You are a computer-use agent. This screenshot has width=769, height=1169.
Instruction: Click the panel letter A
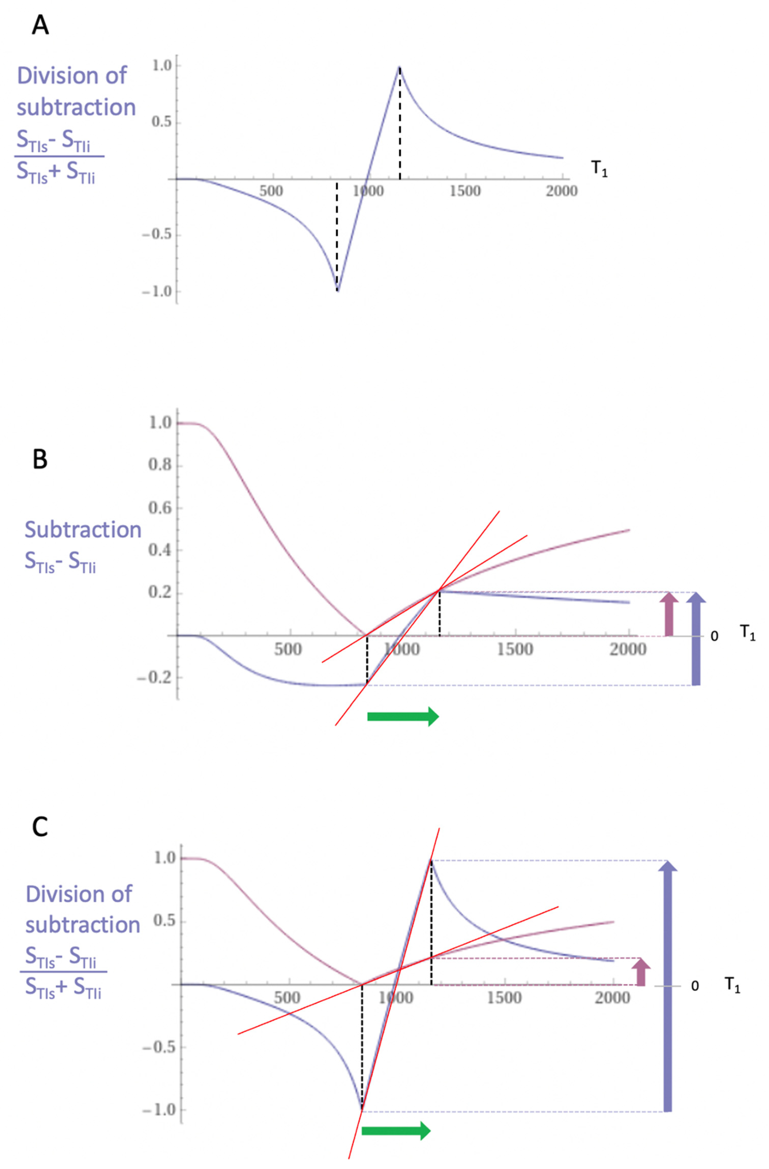(x=40, y=25)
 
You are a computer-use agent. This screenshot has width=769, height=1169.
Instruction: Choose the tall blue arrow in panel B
(x=695, y=638)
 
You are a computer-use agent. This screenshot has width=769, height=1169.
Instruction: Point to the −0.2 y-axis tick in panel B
(x=155, y=678)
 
